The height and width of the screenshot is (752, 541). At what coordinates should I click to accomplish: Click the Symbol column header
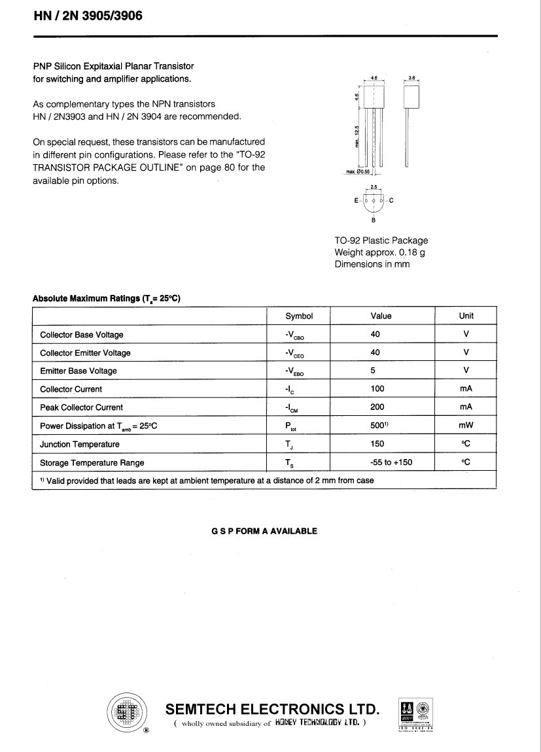[299, 316]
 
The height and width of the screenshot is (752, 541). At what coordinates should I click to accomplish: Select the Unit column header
[466, 316]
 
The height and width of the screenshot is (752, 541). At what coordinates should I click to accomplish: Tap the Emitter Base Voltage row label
[79, 371]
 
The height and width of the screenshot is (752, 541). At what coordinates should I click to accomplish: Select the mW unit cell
[466, 426]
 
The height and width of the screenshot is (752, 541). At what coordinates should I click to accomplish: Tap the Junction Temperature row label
[80, 444]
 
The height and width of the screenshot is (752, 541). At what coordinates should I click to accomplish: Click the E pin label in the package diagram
[356, 201]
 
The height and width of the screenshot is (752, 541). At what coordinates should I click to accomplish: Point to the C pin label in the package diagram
[391, 201]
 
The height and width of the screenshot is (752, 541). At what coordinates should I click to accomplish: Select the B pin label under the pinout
[374, 220]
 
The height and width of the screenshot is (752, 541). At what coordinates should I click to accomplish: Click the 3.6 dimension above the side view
[411, 78]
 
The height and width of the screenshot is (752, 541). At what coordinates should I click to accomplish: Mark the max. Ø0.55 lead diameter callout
[357, 172]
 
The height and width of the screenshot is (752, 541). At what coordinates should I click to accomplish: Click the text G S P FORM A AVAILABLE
[264, 531]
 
